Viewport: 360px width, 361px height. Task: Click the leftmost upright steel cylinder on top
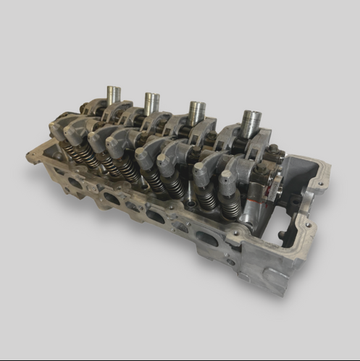point(112,95)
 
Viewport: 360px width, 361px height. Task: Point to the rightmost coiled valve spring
point(230,208)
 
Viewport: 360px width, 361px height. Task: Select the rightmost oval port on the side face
point(206,238)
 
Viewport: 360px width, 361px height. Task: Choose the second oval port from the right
point(155,216)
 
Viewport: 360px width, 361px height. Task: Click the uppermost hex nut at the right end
point(273,150)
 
